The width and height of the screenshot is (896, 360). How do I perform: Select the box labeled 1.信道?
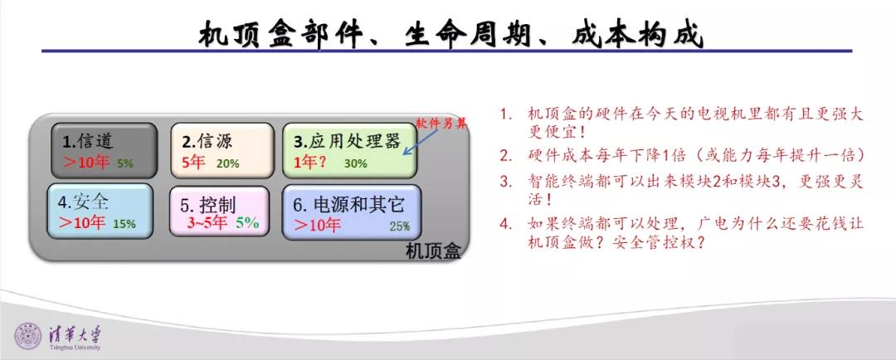click(104, 151)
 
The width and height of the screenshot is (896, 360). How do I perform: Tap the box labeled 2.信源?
click(222, 151)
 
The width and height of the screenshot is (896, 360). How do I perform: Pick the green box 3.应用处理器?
click(350, 151)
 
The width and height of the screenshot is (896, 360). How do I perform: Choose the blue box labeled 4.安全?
click(100, 211)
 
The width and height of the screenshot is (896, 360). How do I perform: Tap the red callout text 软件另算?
click(441, 124)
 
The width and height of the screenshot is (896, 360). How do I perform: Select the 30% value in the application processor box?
click(355, 163)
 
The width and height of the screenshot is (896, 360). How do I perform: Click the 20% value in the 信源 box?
click(227, 163)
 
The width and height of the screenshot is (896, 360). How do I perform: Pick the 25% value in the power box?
click(399, 226)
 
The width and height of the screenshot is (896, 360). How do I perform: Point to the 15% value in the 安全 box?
click(124, 224)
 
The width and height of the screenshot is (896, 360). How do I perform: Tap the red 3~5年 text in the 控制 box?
click(207, 223)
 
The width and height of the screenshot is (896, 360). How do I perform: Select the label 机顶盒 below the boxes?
click(432, 251)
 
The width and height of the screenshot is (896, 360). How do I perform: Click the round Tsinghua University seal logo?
click(28, 335)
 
